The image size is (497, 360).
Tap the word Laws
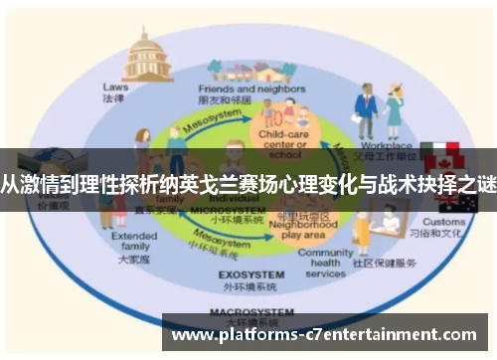point(115,87)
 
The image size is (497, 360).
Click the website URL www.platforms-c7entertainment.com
point(327,336)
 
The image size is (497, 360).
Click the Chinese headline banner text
point(248,183)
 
